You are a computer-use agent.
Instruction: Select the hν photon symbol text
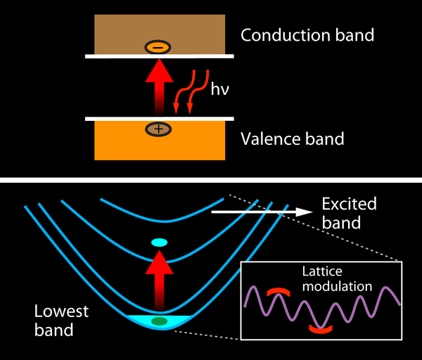(220, 89)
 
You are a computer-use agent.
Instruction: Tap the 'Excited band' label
(349, 213)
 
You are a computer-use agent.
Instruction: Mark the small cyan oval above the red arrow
(159, 243)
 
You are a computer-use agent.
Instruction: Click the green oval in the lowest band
(160, 322)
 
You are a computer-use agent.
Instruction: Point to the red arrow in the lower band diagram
(160, 278)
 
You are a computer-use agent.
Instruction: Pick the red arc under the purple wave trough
(321, 328)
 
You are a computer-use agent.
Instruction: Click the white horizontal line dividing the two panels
(211, 181)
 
